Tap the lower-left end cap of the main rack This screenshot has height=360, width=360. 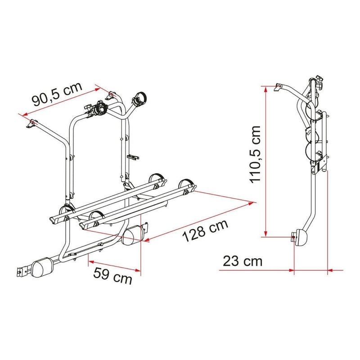pos(42,265)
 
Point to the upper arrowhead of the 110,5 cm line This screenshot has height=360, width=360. pos(267,89)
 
